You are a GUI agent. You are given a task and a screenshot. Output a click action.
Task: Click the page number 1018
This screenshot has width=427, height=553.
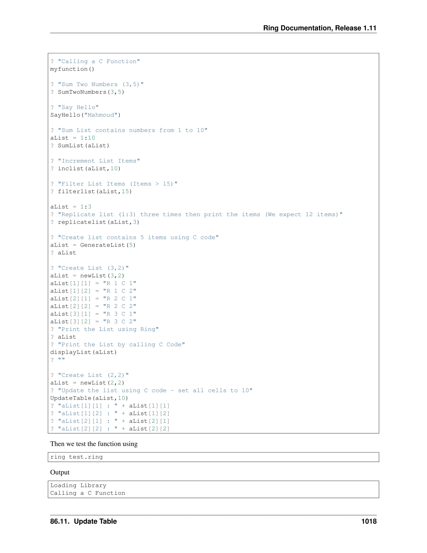[x=369, y=521]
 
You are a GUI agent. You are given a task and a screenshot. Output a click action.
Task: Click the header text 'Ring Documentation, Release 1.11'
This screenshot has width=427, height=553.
[x=320, y=28]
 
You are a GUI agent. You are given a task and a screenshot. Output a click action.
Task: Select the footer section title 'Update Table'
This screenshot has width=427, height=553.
[x=95, y=521]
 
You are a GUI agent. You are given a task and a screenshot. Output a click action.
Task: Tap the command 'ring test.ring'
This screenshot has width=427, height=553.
[x=76, y=457]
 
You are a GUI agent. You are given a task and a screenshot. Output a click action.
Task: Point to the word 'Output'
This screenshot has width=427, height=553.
[x=60, y=472]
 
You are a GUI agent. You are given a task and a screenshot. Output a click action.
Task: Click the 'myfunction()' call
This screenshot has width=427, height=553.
[x=72, y=69]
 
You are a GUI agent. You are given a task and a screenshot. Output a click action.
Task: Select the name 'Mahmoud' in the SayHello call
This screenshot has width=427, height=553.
[x=101, y=115]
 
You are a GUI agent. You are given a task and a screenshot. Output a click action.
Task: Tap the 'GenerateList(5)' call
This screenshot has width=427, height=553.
[x=108, y=245]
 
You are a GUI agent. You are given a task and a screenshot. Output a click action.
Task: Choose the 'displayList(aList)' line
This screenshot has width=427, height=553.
[x=83, y=352]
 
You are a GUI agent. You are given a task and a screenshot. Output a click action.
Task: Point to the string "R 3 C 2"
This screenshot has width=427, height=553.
[x=120, y=322]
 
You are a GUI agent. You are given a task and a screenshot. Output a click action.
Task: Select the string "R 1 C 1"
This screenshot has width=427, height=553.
[x=120, y=283]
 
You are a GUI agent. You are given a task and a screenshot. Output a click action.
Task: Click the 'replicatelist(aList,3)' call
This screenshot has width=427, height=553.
[x=98, y=222]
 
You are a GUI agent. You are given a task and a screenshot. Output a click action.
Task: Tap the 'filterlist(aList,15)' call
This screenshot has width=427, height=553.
[x=95, y=191]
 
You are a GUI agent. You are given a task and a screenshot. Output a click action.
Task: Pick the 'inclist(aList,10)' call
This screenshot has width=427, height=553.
[x=89, y=169]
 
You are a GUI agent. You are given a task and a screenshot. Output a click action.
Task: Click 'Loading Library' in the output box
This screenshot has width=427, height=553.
[x=78, y=485]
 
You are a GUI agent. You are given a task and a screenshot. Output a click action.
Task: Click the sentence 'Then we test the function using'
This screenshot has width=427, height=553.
[x=94, y=444]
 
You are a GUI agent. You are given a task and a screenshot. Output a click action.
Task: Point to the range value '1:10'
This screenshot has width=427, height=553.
[x=88, y=138]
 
